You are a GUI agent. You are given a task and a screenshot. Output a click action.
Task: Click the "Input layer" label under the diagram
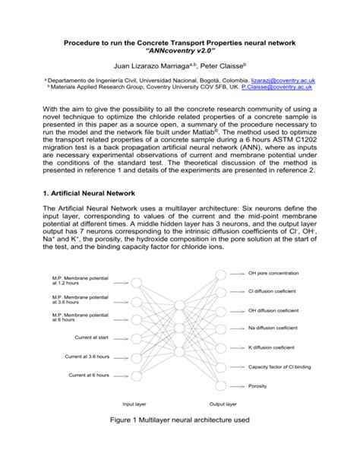[x=138, y=404]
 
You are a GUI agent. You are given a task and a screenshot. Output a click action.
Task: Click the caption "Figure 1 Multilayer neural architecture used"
[x=180, y=439]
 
